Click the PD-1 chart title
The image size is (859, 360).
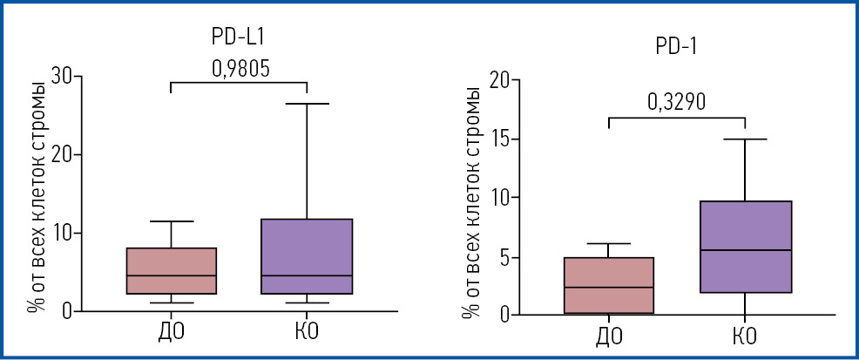pos(676,47)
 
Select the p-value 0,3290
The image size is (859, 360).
pos(676,102)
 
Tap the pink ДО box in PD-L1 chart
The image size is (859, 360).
pos(171,271)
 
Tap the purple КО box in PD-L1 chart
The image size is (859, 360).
pos(308,256)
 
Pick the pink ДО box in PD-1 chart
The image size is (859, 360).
pos(608,285)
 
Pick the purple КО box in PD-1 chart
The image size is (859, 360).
pos(746,247)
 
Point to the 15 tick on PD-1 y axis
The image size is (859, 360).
pos(498,139)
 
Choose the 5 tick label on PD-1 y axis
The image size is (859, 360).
pos(504,257)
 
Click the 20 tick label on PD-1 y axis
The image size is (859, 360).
pos(498,80)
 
